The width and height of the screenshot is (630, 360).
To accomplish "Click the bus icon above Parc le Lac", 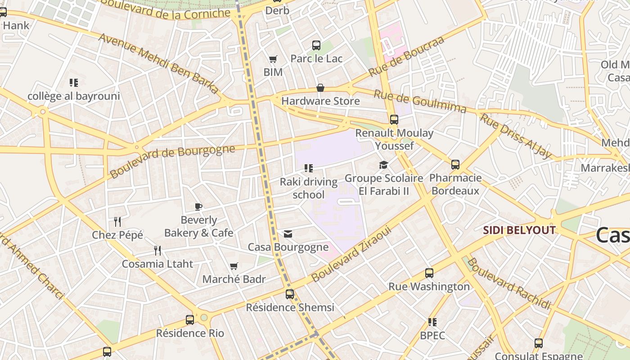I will pos(316,45).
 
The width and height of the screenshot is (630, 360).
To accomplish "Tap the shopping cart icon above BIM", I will pos(273,59).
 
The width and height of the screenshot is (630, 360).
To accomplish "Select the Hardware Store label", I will pos(320,101).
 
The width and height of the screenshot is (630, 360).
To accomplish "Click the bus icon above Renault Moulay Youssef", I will pos(394,119).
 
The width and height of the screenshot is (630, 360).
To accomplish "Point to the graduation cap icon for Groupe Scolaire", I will pos(383,165).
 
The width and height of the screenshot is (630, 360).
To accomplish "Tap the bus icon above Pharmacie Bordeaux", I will pos(455,165).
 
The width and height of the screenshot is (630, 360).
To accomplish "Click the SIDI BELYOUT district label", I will pos(519,230).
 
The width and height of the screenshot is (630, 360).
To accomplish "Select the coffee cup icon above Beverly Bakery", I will pos(198,207).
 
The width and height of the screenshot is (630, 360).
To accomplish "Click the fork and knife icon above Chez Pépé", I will pos(117,221).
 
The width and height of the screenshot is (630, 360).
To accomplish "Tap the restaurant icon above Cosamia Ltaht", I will pos(157,250).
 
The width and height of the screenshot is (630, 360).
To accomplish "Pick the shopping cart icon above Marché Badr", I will pos(234,266).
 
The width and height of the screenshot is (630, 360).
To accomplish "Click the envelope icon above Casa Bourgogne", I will pos(288,234).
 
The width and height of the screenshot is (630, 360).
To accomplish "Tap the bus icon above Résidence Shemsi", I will pos(290,294).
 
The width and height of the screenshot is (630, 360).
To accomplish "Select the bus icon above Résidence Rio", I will pos(190,320).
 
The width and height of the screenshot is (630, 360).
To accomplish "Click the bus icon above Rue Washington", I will pos(429,273).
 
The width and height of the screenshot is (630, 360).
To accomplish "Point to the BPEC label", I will pos(432,335).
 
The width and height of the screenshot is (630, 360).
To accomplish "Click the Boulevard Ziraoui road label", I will pos(351,255).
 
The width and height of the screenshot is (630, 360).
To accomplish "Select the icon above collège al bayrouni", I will pos(74,83).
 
